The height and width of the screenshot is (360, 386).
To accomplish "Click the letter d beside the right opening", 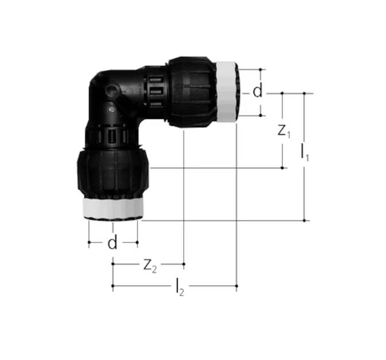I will pos(258,92).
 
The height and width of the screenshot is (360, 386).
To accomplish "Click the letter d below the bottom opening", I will pos(113,243).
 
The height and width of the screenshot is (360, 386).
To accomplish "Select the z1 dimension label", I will pos(284,131).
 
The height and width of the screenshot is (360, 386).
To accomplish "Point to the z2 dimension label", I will pos(149,265).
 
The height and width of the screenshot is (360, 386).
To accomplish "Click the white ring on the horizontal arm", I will pos(228,92).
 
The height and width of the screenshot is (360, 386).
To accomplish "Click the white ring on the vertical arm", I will pos(113,208).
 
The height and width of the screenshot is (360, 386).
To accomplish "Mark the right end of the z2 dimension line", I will pos(184,264).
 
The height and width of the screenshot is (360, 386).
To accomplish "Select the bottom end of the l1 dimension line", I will pos(304,219).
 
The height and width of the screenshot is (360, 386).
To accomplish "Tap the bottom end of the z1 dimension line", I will pos(283,168).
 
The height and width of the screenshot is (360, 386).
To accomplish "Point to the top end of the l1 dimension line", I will pos(304,93).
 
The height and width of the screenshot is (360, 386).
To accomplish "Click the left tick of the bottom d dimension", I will pos(89,242).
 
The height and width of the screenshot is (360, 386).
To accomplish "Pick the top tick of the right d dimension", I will pos(261,70).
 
